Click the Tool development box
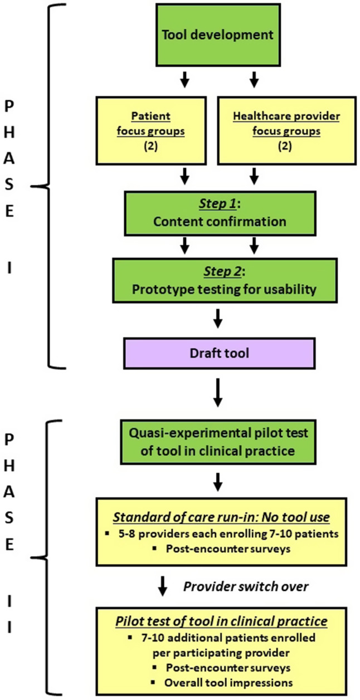[x=217, y=35]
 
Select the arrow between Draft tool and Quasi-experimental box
[x=218, y=394]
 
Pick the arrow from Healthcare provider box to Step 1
[x=254, y=177]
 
